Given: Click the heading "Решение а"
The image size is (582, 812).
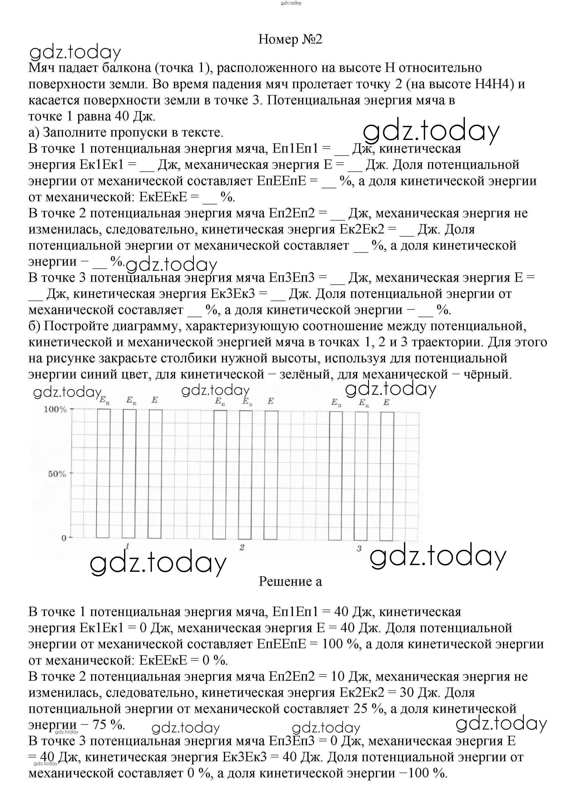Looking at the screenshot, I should pos(290,581).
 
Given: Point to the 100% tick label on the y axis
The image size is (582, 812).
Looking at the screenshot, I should pos(55,409).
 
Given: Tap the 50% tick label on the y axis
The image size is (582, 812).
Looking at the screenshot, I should pos(57,474).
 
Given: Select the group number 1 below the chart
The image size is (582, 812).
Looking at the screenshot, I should pos(127,546).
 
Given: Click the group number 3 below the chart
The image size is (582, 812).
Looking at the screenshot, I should pos(359,548).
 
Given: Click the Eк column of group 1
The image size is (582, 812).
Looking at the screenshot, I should pos(129,473).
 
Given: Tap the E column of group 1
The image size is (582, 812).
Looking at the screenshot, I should pos(155,473).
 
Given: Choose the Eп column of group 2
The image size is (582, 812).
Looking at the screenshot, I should pos(220,474).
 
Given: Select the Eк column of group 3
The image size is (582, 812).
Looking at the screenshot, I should pos(361,476).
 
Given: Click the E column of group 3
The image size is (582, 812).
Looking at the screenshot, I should pos(387,476).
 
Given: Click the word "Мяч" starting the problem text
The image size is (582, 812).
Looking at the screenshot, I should pos(39,68).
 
